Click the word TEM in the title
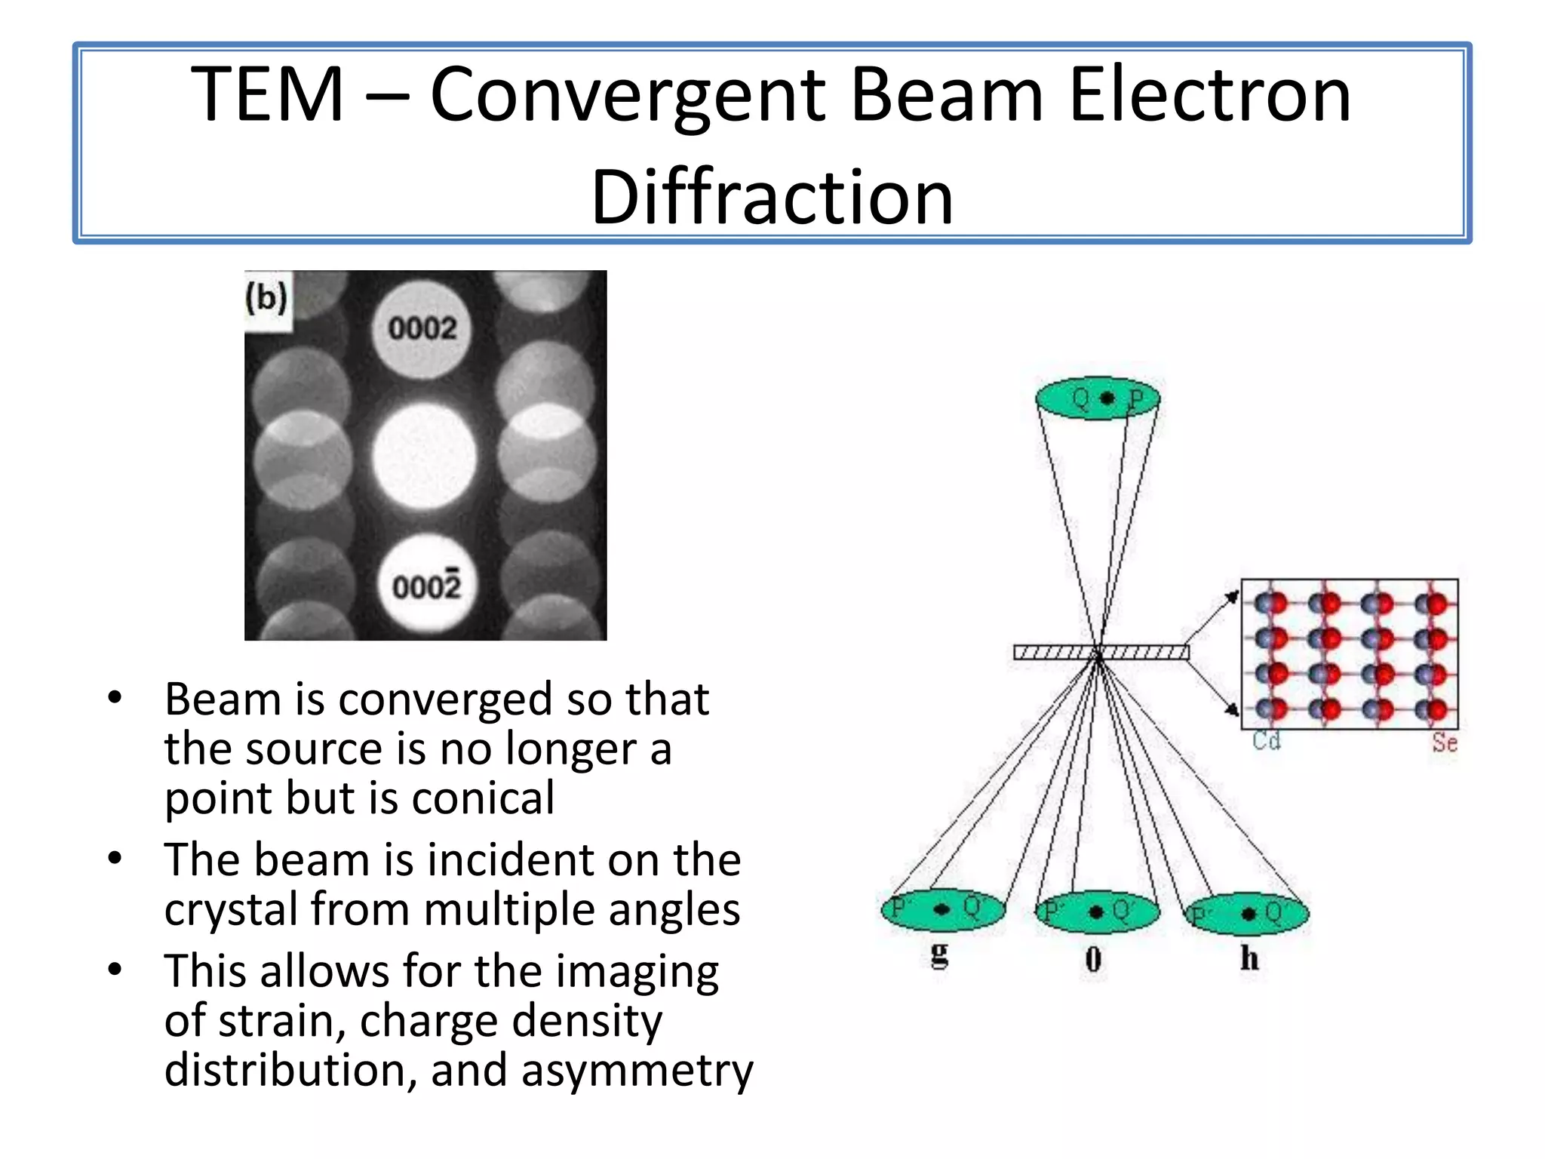click(x=267, y=95)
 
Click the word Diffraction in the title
click(x=772, y=198)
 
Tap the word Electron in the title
click(x=1209, y=95)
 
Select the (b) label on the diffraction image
click(x=266, y=298)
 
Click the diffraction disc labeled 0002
click(x=422, y=329)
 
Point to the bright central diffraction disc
click(x=424, y=456)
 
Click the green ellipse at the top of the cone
click(x=1098, y=398)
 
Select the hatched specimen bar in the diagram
click(x=1101, y=653)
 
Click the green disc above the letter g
click(x=943, y=910)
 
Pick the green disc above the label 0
click(x=1097, y=912)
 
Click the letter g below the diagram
click(x=939, y=956)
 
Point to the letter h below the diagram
click(x=1249, y=958)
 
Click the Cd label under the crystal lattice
click(x=1267, y=741)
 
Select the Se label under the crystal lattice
click(x=1445, y=743)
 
